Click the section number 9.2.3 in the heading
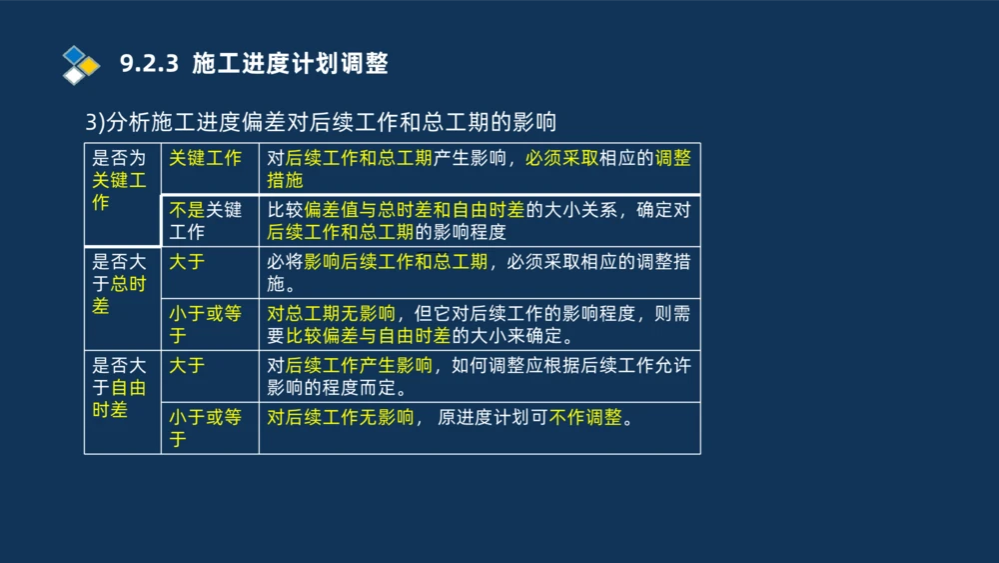point(148,65)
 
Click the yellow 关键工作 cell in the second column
point(205,158)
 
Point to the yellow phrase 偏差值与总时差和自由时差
point(414,210)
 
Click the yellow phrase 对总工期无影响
point(331,313)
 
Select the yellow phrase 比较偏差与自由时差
point(368,335)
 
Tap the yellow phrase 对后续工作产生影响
point(350,365)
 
